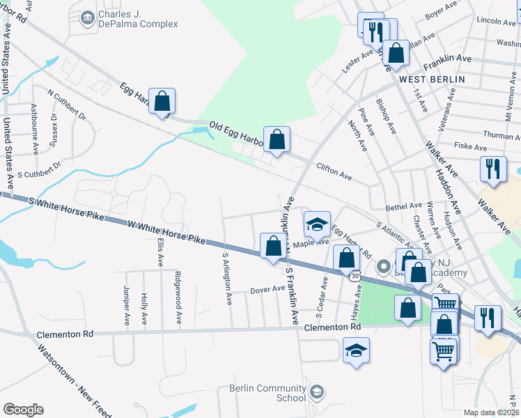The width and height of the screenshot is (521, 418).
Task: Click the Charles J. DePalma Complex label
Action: click(138, 18)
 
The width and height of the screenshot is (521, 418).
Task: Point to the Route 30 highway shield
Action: click(355, 276)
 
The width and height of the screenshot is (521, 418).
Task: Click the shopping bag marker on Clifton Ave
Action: click(277, 140)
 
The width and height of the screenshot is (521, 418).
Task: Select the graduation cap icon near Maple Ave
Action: click(316, 224)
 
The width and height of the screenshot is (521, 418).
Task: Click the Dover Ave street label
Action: click(268, 288)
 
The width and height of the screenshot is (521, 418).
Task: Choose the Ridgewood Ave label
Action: click(178, 307)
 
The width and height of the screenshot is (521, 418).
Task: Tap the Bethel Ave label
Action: click(404, 206)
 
